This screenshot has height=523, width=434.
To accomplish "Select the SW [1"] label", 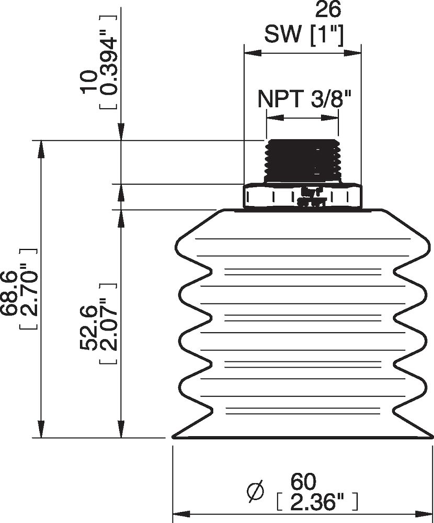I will [x=303, y=35].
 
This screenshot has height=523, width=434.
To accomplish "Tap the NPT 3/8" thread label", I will [x=303, y=98].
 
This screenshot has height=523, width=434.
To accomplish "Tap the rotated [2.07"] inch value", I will [x=107, y=324].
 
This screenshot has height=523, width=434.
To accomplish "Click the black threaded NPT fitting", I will [x=303, y=161].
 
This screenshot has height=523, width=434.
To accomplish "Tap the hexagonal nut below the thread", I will [x=303, y=196].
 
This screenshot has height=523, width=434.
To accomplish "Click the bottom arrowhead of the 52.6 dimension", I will [x=121, y=431].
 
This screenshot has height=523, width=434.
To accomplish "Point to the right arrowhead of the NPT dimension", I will [x=334, y=119].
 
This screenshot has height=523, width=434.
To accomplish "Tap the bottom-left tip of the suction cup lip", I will [x=174, y=437].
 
